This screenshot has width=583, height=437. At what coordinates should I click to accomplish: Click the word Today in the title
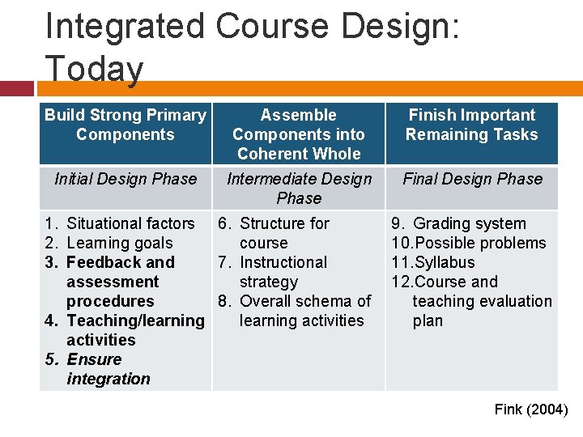(94, 69)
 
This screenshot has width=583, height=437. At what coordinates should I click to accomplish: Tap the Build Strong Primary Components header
(126, 125)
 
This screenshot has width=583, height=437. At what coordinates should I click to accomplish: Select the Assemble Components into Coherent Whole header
(298, 134)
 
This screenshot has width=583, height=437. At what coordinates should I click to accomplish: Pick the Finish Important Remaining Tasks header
(471, 125)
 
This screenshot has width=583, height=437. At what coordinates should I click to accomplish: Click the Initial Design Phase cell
(126, 179)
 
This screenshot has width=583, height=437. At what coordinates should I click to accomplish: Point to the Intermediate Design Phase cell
(298, 188)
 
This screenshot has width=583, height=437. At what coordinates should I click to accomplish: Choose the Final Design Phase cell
(472, 179)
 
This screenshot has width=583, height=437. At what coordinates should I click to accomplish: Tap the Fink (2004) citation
(531, 409)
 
